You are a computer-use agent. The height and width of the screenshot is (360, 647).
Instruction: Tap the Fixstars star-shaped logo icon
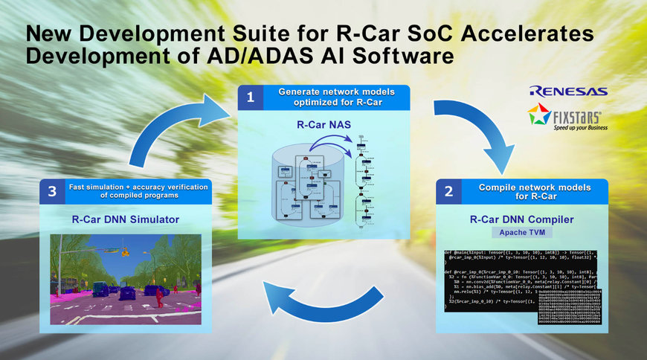point(539,116)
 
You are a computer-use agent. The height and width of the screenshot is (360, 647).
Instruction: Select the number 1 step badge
point(251,97)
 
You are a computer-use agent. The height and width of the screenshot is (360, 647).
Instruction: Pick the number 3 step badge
point(51,191)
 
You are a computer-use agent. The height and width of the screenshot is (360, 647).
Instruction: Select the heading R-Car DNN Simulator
point(124,219)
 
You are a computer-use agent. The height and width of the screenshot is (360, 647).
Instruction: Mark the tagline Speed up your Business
point(578,127)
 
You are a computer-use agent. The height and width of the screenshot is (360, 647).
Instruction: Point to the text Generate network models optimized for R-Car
point(335,97)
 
